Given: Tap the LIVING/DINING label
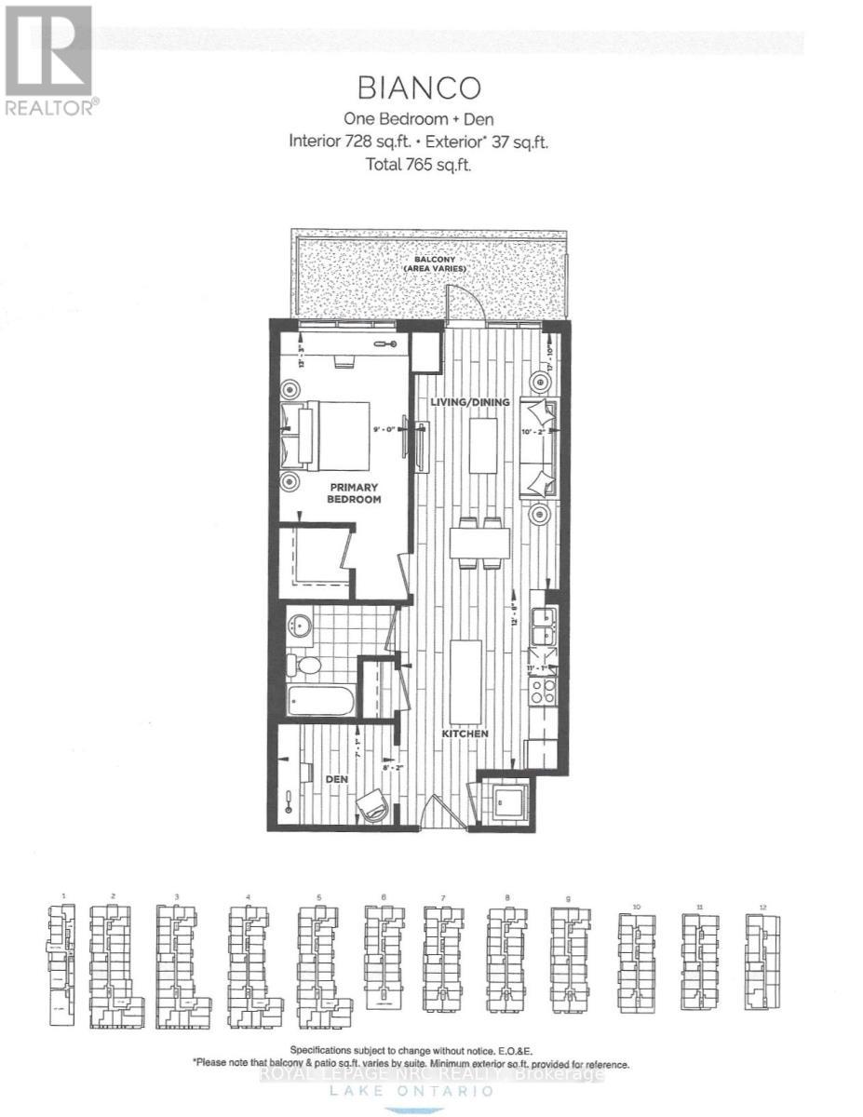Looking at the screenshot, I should pyautogui.click(x=470, y=402).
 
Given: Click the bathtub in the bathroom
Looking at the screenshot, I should pyautogui.click(x=320, y=701).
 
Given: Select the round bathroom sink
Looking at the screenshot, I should pyautogui.click(x=300, y=625).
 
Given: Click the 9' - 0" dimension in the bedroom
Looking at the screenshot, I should pyautogui.click(x=384, y=429).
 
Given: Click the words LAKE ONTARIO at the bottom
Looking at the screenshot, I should pyautogui.click(x=431, y=1097).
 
